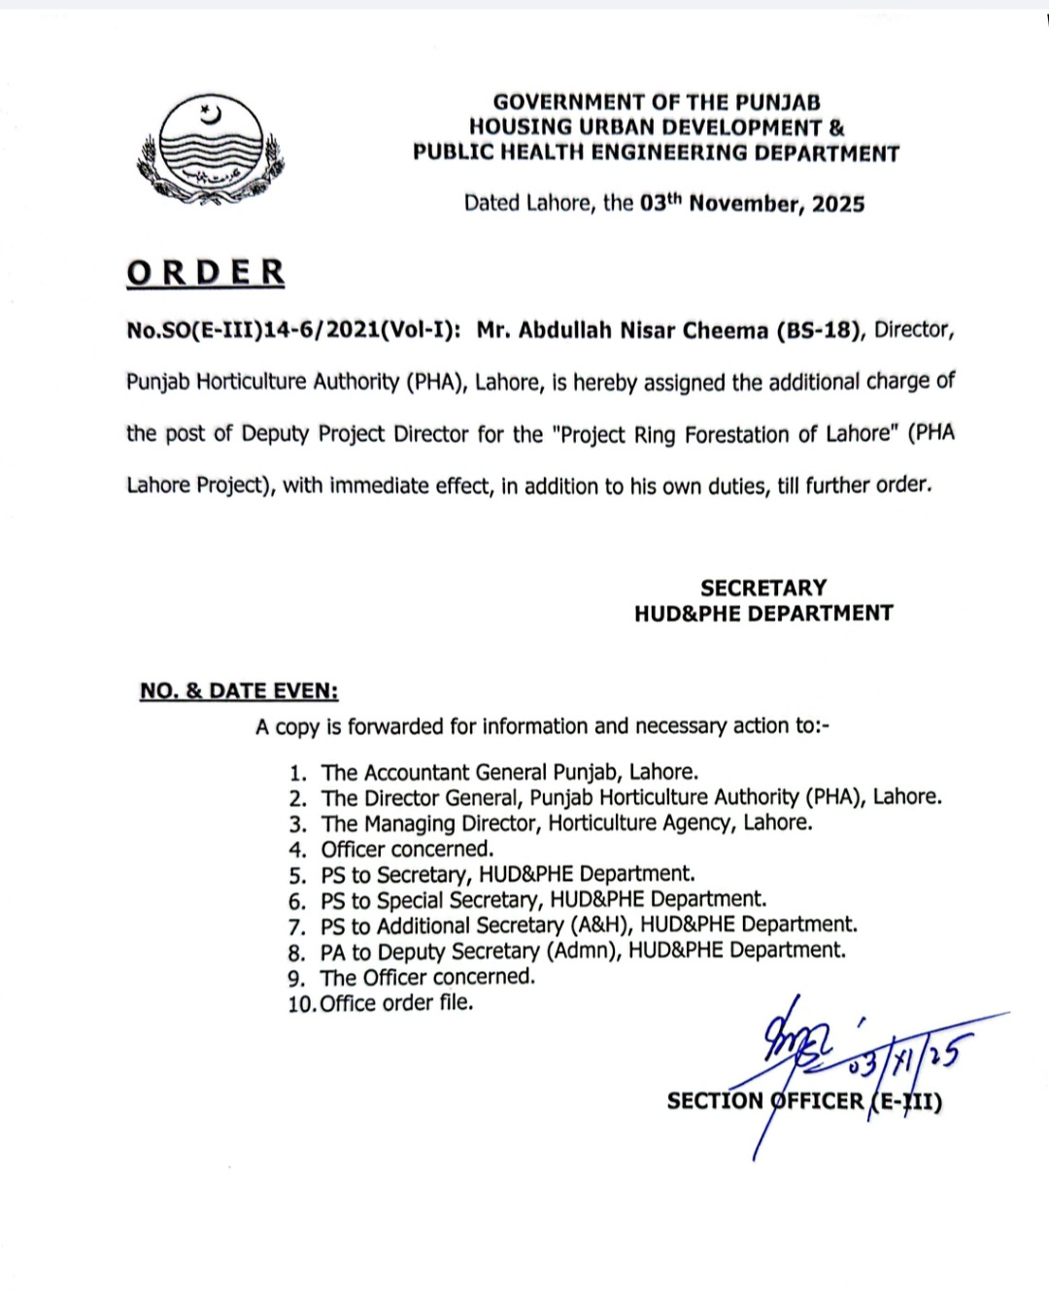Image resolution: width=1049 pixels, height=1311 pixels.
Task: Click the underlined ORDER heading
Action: click(x=205, y=273)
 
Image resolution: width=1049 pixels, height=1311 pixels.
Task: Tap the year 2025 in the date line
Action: click(x=838, y=204)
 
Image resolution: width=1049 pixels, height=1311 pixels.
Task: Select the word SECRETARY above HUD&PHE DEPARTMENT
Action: click(x=763, y=588)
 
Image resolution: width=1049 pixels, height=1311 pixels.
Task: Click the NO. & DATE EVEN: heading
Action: click(x=239, y=691)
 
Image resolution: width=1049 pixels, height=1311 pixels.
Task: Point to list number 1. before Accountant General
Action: click(x=298, y=774)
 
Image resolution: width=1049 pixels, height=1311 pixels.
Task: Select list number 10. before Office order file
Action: click(x=301, y=1004)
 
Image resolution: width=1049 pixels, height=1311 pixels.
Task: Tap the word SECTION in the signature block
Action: click(x=715, y=1100)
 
